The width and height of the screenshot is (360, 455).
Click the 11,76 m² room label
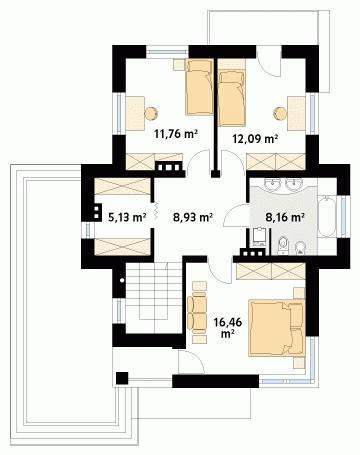[x=176, y=134]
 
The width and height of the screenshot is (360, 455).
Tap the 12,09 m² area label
[x=255, y=139]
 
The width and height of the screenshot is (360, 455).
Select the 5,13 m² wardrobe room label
[x=127, y=218]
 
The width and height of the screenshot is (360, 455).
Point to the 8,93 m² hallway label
[x=193, y=218]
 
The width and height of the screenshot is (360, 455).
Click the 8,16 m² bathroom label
[x=285, y=218]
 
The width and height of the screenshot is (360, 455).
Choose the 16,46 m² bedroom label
[x=228, y=327]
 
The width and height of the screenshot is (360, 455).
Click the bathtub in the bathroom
[x=327, y=217]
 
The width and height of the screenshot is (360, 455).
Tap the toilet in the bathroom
[x=283, y=246]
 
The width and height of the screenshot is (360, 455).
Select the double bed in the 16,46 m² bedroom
[x=277, y=328]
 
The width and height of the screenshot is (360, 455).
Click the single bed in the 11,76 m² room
[x=199, y=87]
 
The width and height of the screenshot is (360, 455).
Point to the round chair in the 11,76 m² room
[x=151, y=113]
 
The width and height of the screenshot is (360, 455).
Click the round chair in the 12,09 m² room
[x=280, y=113]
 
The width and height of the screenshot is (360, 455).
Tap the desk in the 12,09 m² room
[x=296, y=113]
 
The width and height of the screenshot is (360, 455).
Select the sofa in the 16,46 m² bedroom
[x=197, y=313]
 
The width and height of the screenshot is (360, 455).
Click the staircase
[x=154, y=297]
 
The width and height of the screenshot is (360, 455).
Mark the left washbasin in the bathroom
[x=273, y=184]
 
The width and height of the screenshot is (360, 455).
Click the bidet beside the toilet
[x=300, y=248]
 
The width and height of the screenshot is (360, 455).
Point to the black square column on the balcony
[x=122, y=378]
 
